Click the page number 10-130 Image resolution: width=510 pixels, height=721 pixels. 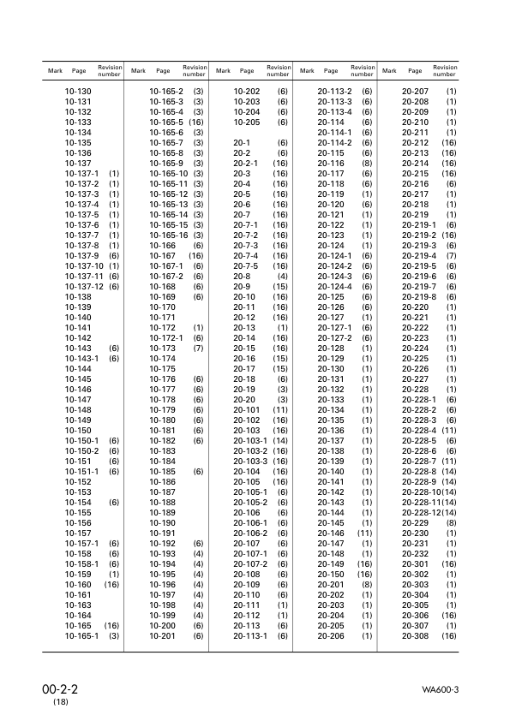coord(78,92)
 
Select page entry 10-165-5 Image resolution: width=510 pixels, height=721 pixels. coord(166,122)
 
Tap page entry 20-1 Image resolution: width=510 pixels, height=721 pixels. coord(242,143)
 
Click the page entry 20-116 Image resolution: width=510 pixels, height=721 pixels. coord(331,164)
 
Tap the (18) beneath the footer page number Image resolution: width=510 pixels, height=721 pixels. coord(61,702)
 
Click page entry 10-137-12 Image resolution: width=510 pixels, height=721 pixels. coord(84,286)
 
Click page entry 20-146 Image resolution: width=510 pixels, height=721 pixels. coord(331,532)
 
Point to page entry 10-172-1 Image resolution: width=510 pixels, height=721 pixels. coord(166,337)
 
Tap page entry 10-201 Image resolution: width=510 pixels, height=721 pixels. coord(162,635)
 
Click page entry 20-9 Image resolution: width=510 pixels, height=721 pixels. coord(242,286)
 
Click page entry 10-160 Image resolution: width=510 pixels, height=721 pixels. coord(78,583)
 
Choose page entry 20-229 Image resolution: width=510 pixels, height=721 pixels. coord(416,521)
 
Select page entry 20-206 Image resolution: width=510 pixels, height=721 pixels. coord(331,635)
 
